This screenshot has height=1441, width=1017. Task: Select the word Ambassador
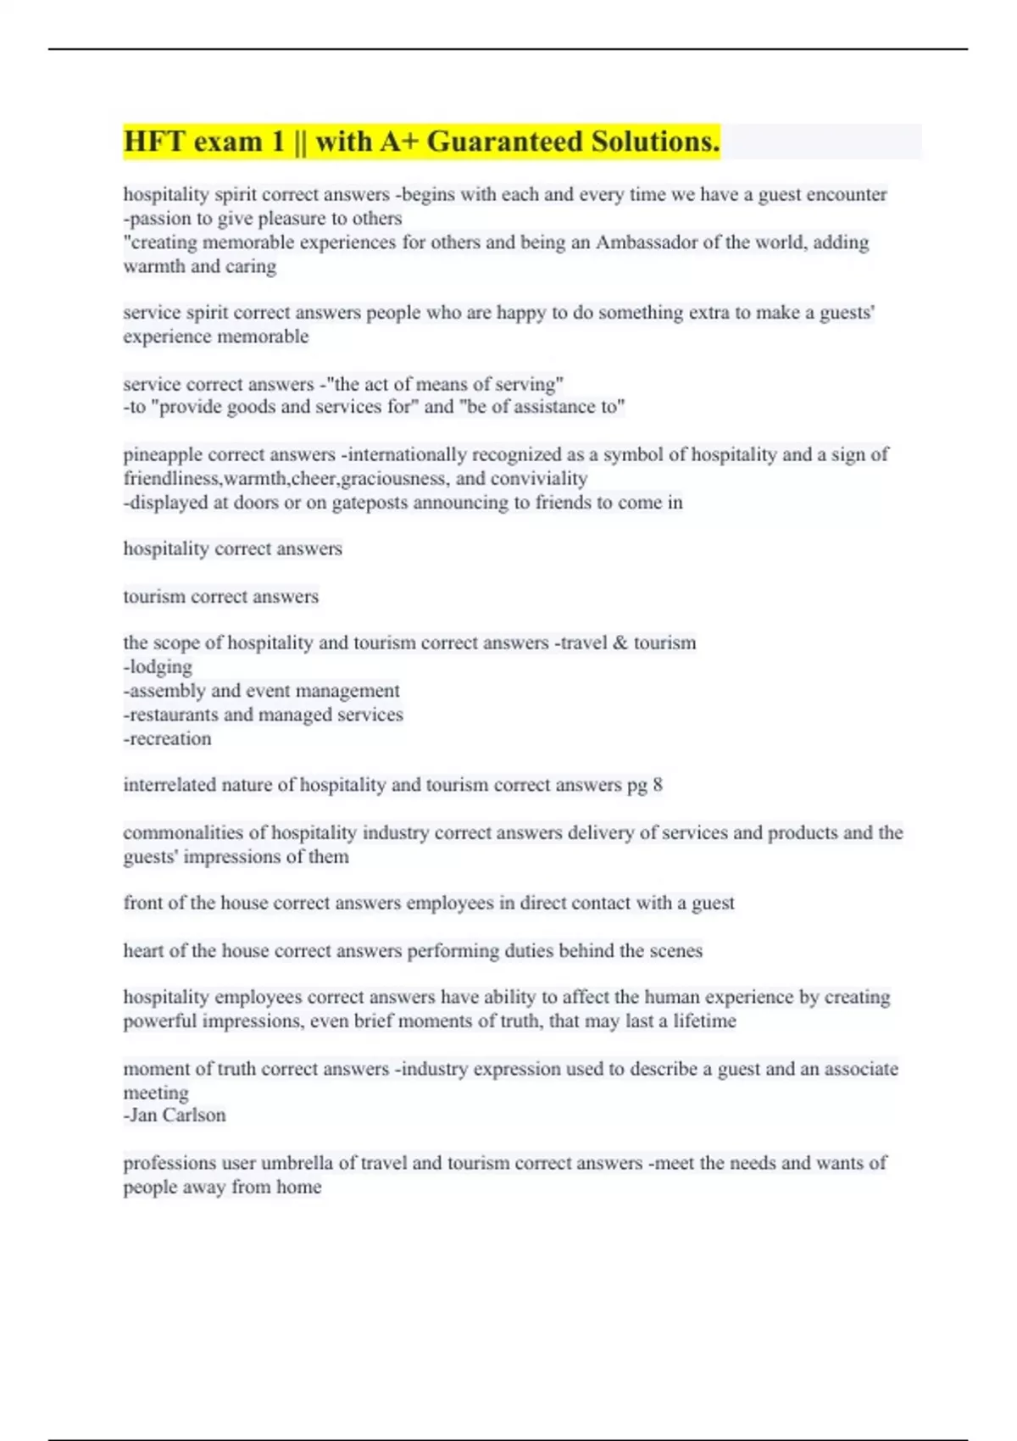pos(647,242)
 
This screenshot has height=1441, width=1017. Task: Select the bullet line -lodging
pos(158,667)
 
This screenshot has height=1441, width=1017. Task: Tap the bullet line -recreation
pos(168,739)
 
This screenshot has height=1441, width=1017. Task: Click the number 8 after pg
pos(658,786)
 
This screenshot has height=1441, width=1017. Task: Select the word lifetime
pos(704,1021)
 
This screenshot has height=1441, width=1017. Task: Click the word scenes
pos(675,951)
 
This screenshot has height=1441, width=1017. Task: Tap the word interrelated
pos(169,786)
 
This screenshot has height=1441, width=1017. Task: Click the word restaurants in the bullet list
pos(167,715)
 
